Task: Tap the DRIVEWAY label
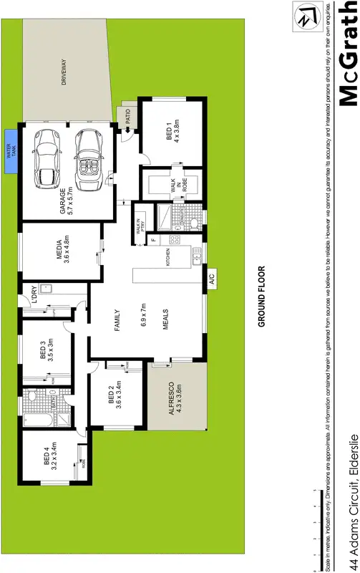tap(64, 72)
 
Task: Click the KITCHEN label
tap(167, 257)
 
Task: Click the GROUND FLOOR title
tap(262, 297)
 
